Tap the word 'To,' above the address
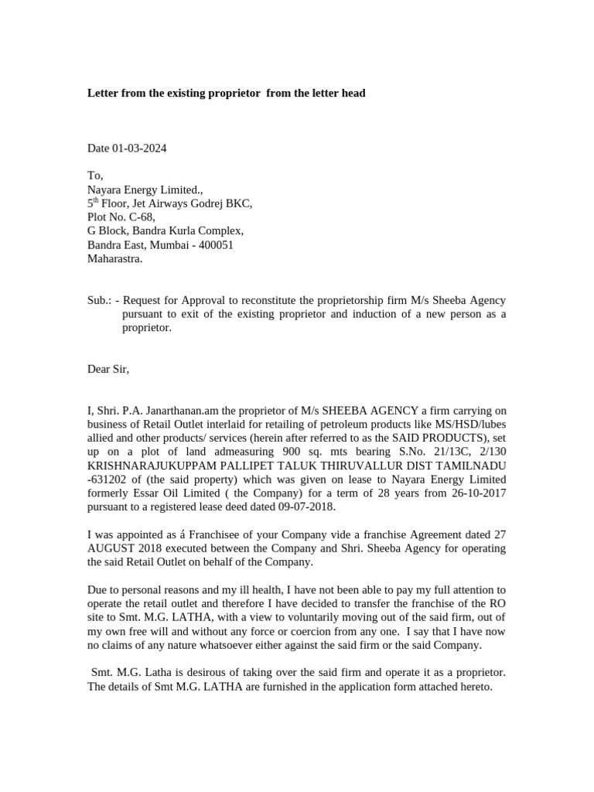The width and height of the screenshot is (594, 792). point(94,176)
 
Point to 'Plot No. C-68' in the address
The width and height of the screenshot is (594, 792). point(120,217)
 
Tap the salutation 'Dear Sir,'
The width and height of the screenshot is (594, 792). point(108,369)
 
